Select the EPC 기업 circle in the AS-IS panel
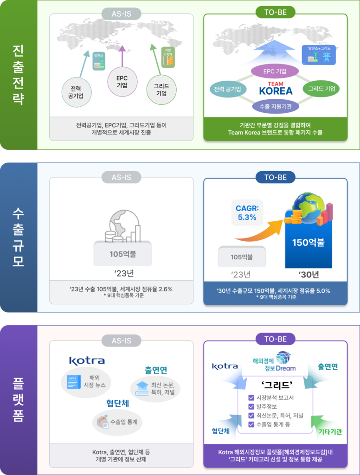pyautogui.click(x=122, y=82)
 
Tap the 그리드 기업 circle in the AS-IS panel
pyautogui.click(x=161, y=90)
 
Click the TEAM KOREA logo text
pyautogui.click(x=275, y=89)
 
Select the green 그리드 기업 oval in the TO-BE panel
pyautogui.click(x=321, y=89)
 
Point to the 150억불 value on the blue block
pyautogui.click(x=308, y=242)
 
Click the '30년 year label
pyautogui.click(x=309, y=275)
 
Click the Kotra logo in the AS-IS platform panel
pyautogui.click(x=87, y=360)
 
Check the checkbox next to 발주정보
pyautogui.click(x=251, y=407)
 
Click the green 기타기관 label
pyautogui.click(x=330, y=431)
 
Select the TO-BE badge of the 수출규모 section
pyautogui.click(x=275, y=177)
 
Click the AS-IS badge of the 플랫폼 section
pyautogui.click(x=122, y=341)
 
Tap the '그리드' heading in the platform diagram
pyautogui.click(x=276, y=385)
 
